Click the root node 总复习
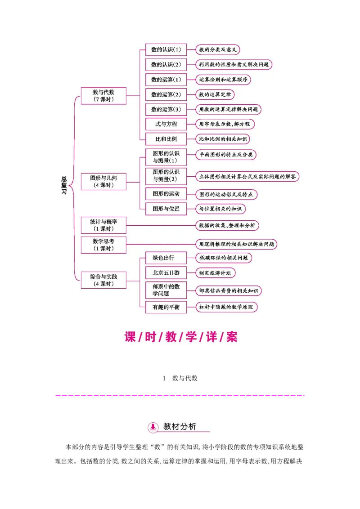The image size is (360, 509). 64,185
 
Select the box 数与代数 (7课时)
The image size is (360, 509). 103,96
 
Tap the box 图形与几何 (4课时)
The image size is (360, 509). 103,181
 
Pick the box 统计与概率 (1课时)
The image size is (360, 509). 103,225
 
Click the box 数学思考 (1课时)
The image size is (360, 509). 103,245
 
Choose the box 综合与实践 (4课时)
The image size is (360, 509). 103,280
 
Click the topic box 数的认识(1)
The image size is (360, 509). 166,50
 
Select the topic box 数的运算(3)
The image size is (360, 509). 166,109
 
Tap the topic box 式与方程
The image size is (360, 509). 166,124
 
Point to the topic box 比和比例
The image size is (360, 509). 166,139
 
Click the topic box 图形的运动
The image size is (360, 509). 166,194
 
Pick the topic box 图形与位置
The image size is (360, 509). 166,209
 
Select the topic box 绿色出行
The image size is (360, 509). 166,258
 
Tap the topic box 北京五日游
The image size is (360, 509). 166,273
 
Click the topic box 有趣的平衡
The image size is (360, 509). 166,307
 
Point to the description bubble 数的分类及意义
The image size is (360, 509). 218,49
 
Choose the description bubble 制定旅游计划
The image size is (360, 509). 216,273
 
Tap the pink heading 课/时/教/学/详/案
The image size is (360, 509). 180,337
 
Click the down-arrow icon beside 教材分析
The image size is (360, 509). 153,427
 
